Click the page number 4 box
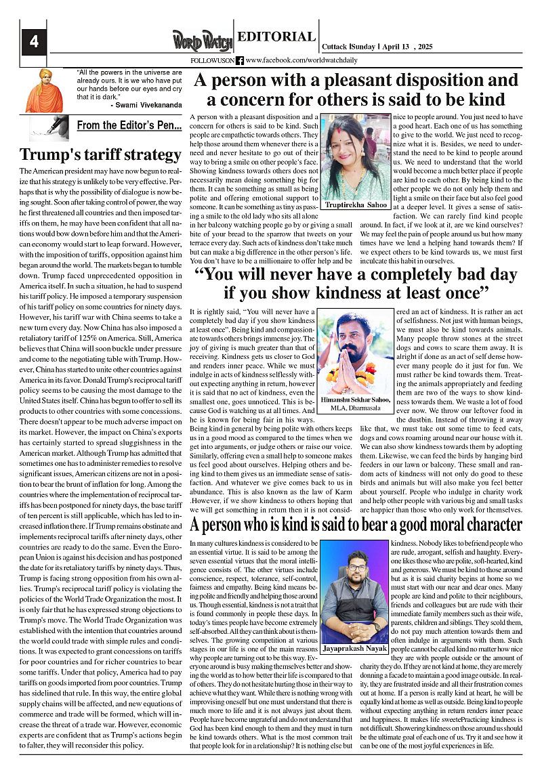pos(33,43)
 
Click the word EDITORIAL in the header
pos(276,37)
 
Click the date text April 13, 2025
pos(405,46)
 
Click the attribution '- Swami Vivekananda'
pos(146,106)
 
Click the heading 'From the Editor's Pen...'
pos(129,125)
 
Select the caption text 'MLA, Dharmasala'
pos(356,408)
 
